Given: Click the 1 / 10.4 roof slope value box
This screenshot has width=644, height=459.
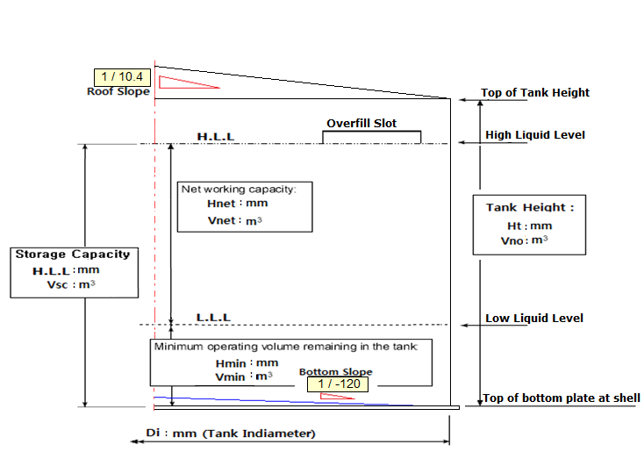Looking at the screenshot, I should [x=122, y=77].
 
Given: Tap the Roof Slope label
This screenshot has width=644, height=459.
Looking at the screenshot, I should [x=118, y=91].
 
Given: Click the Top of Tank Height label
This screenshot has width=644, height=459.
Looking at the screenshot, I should [x=535, y=93].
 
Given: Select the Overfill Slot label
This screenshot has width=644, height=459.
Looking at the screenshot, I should [x=361, y=124].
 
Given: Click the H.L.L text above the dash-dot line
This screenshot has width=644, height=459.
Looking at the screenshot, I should [x=215, y=137].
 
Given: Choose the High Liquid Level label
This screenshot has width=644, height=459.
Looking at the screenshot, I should [x=534, y=135].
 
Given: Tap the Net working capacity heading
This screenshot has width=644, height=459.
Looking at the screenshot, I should [x=239, y=189].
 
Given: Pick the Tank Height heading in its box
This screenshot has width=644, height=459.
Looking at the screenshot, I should [x=530, y=208].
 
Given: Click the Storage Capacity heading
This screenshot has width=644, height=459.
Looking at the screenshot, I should [x=72, y=255].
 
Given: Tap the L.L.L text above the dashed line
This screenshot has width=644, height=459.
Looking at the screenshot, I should [x=213, y=317].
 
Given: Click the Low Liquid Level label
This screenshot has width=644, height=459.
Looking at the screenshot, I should [x=533, y=319].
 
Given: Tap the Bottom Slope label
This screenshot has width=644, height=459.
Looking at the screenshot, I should [x=335, y=372].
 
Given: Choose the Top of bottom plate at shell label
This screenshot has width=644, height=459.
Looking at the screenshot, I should [x=562, y=398].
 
